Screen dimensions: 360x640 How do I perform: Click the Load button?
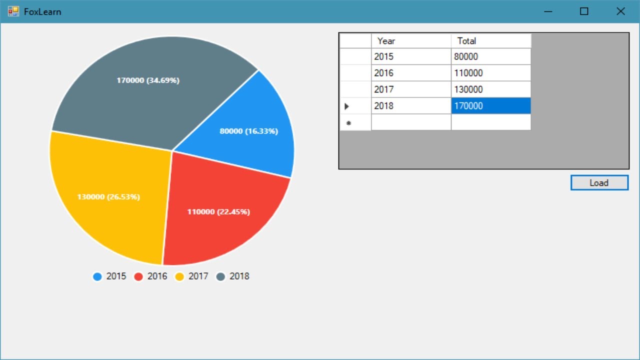click(599, 183)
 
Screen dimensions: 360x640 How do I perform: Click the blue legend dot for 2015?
click(97, 276)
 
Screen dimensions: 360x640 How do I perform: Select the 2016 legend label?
click(157, 276)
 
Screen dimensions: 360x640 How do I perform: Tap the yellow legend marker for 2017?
click(179, 276)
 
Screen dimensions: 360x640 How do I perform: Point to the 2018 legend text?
click(239, 276)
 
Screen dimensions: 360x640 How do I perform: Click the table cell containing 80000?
click(490, 56)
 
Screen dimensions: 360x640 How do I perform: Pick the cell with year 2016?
click(411, 73)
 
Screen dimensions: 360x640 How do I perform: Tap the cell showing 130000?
click(490, 89)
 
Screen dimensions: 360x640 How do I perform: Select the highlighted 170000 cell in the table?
click(490, 106)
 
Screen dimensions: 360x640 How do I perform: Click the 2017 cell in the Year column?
click(411, 89)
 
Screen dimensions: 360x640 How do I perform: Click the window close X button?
click(620, 11)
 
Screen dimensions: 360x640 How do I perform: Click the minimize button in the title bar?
click(548, 11)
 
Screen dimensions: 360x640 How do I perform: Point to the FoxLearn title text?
click(42, 11)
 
